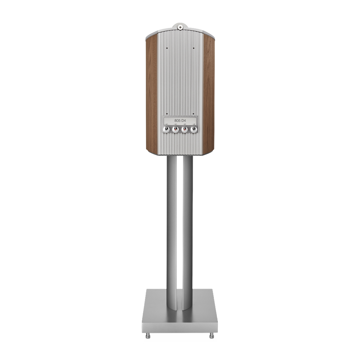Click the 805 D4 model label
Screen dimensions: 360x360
pos(180,120)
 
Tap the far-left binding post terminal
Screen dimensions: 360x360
pos(166,129)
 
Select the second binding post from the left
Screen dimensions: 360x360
pos(175,129)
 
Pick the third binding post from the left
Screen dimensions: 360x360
pos(185,129)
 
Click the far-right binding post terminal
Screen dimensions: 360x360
pos(194,129)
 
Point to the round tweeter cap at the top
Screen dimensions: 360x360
pos(180,27)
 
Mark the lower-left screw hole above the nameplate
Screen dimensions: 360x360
pos(166,114)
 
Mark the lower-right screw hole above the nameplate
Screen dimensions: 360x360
pos(193,114)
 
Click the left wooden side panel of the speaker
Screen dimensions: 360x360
pos(151,93)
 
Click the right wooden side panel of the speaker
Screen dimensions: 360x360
pos(208,93)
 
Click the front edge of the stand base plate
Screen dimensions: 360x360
pos(180,325)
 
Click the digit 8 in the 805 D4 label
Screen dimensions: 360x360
pos(175,120)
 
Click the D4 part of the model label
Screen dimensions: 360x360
pos(184,120)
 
